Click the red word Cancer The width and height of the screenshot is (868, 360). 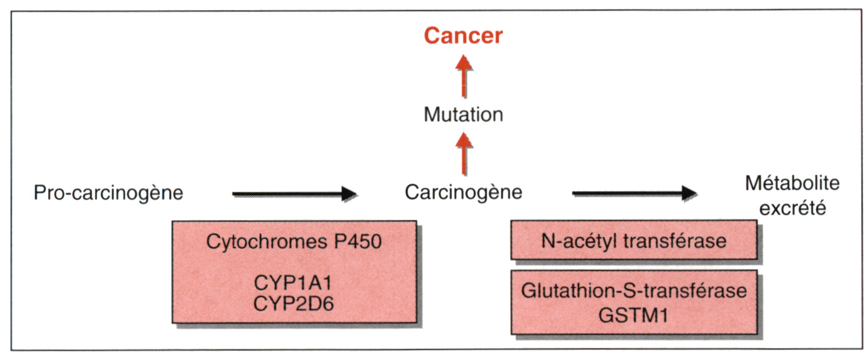pos(464,36)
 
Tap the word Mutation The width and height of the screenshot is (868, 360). pos(464,115)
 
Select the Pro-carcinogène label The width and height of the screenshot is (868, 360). pos(109,193)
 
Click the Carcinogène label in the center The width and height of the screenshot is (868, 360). pos(464,192)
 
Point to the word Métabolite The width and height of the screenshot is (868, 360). pos(792,183)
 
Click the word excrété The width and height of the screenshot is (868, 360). pos(792,209)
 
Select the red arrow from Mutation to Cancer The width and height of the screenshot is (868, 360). pos(464,76)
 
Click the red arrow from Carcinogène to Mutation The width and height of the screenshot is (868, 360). pos(464,154)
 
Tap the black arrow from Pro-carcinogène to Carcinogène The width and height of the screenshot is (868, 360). pos(294,193)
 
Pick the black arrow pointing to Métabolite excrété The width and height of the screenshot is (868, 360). pos(635,193)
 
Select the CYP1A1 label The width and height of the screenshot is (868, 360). pos(293,283)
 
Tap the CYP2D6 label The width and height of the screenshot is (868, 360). pos(293,304)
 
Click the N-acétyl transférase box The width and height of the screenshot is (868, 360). pos(634,240)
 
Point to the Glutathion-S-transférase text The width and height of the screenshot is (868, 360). pos(634,291)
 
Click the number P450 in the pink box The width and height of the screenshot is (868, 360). pos(357,241)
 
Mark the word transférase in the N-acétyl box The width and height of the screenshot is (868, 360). pos(675,241)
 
